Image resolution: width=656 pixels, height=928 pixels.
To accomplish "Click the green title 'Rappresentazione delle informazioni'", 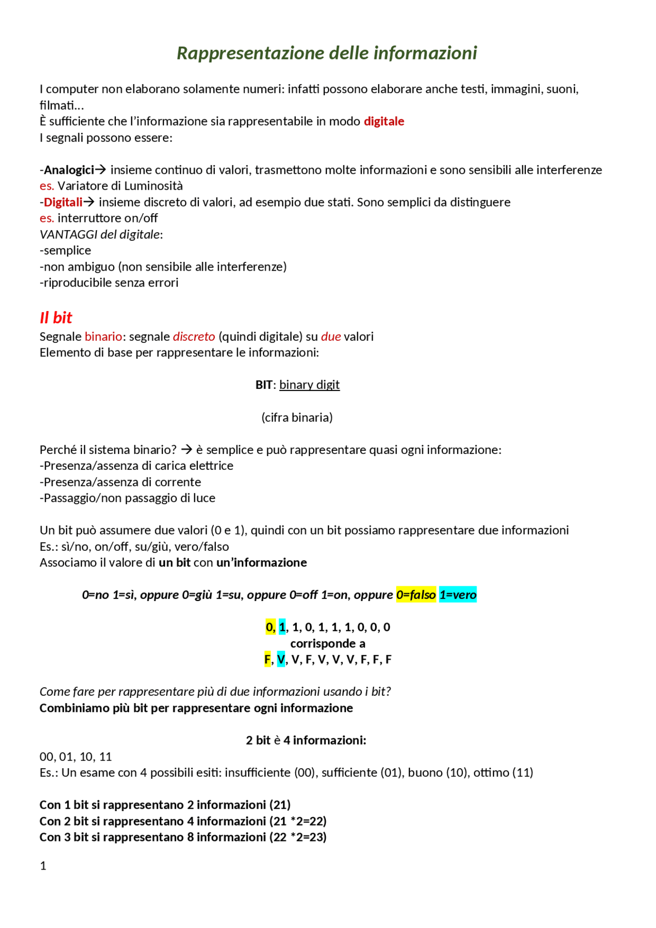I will pyautogui.click(x=326, y=53).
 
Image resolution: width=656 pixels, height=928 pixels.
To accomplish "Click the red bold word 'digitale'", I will pyautogui.click(x=384, y=121).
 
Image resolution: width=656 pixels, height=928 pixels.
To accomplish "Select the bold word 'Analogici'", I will pyautogui.click(x=69, y=170).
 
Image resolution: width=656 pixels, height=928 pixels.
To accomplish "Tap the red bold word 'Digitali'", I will pyautogui.click(x=63, y=202).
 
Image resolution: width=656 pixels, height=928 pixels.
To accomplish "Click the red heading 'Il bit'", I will pyautogui.click(x=56, y=318).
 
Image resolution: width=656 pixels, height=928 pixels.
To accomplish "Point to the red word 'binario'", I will pyautogui.click(x=103, y=337).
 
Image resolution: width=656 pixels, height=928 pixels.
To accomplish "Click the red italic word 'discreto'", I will pyautogui.click(x=194, y=337).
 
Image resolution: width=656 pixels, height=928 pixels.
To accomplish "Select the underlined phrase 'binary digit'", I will pyautogui.click(x=309, y=385).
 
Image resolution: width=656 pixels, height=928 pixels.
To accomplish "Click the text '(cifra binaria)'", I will pyautogui.click(x=297, y=418).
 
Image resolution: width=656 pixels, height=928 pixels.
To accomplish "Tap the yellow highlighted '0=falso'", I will pyautogui.click(x=416, y=595).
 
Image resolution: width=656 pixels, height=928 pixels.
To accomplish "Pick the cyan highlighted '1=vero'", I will pyautogui.click(x=458, y=595).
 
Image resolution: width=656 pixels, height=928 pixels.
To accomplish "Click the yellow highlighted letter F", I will pyautogui.click(x=267, y=659).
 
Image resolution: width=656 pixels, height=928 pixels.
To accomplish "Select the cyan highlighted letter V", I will pyautogui.click(x=280, y=659).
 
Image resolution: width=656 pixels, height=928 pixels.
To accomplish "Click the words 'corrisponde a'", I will pyautogui.click(x=327, y=644).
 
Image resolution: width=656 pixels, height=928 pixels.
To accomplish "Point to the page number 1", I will pyautogui.click(x=43, y=866).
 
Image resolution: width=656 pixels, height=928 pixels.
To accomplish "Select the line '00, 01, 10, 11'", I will pyautogui.click(x=75, y=757).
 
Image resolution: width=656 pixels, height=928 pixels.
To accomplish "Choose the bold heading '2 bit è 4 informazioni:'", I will pyautogui.click(x=306, y=740).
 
